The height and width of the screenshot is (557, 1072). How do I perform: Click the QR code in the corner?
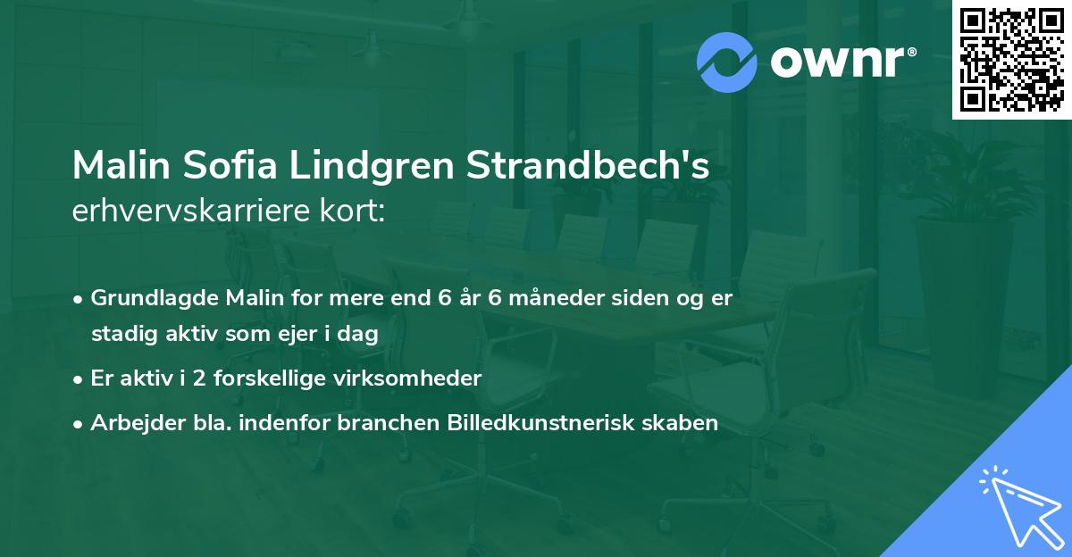[x=1011, y=60]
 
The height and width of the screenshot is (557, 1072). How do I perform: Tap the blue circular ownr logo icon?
[x=726, y=62]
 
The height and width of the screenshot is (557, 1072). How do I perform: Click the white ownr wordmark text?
[x=843, y=62]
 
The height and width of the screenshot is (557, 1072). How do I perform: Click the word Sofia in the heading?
[x=230, y=165]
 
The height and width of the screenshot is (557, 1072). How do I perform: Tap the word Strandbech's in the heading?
[x=588, y=165]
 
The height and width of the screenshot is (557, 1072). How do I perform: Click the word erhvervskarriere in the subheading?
[x=191, y=211]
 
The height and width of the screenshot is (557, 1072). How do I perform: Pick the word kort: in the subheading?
[x=352, y=211]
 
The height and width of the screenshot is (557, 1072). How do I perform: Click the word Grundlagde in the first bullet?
[x=154, y=299]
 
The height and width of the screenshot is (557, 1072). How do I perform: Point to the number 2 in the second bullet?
[x=199, y=378]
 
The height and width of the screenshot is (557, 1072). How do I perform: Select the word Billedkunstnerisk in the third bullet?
[x=540, y=422]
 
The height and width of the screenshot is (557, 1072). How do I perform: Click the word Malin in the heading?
[x=121, y=165]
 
